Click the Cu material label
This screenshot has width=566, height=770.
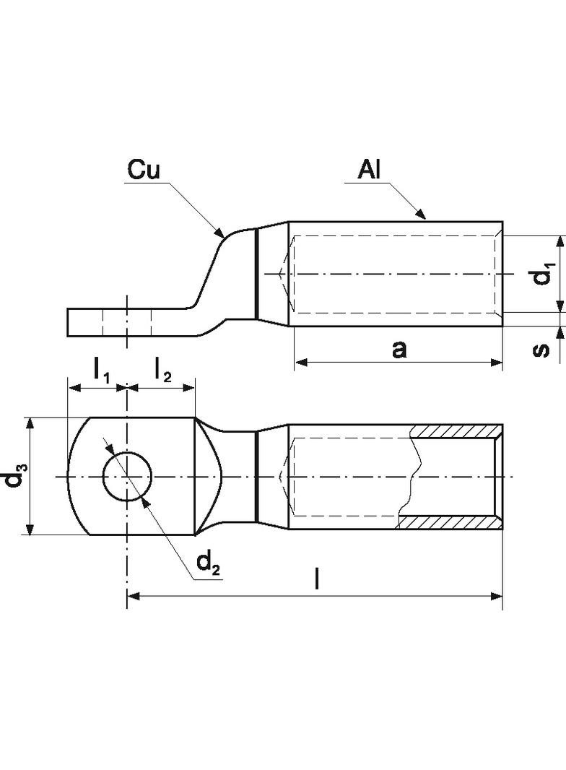[x=144, y=170]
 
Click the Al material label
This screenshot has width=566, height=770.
[x=369, y=170]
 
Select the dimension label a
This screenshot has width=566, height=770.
[x=399, y=349]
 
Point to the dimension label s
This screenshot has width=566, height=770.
[x=541, y=349]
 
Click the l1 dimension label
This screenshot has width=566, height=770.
[x=102, y=371]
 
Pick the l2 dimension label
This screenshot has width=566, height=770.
[x=162, y=371]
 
